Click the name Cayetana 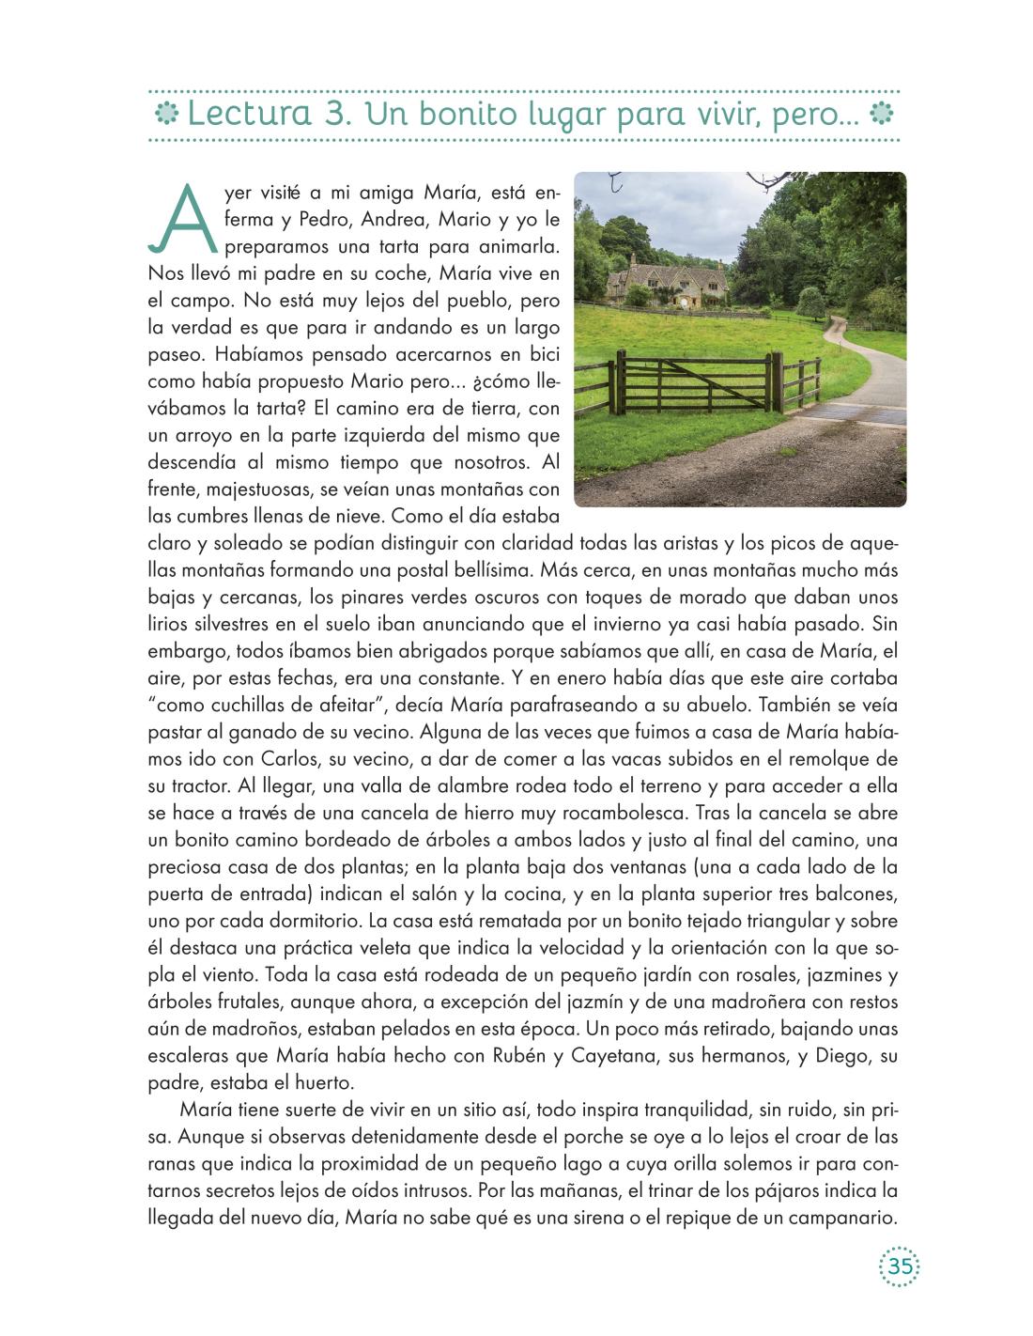pyautogui.click(x=606, y=1055)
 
